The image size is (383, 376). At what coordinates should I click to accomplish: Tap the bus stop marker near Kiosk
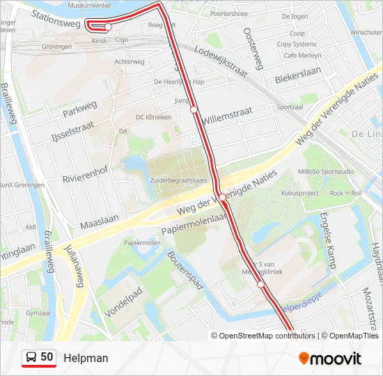tap(108, 26)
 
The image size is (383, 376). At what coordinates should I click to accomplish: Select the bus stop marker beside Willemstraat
tap(194, 109)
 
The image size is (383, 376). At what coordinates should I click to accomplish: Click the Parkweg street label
tap(79, 109)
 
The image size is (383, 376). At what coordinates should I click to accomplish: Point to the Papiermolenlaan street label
tap(196, 225)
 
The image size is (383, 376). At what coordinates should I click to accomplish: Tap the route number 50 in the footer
tap(47, 357)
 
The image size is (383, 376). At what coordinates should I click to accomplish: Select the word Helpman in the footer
tap(86, 358)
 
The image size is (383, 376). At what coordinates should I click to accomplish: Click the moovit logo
tap(330, 359)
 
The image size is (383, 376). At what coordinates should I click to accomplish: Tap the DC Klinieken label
tap(153, 117)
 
